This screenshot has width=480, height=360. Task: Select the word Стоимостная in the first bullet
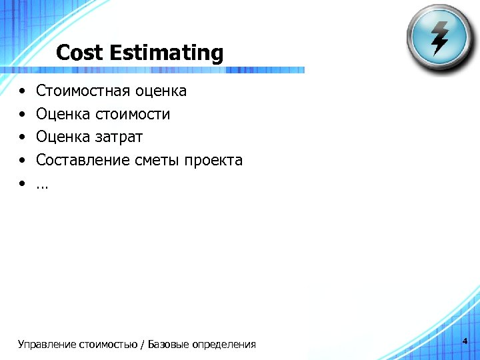83,91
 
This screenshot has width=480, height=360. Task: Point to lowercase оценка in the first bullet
161,91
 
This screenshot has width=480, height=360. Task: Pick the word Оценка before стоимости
63,115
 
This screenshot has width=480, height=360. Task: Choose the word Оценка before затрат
63,137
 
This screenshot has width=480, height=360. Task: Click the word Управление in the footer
47,345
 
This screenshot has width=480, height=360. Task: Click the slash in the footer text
143,345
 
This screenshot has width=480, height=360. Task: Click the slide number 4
465,341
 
